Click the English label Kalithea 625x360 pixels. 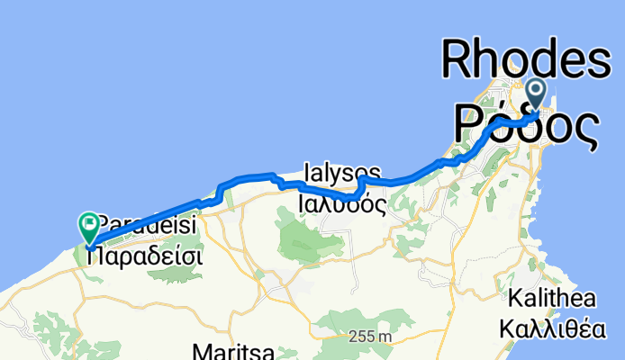click(x=550, y=298)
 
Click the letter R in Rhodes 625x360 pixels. click(x=457, y=61)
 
